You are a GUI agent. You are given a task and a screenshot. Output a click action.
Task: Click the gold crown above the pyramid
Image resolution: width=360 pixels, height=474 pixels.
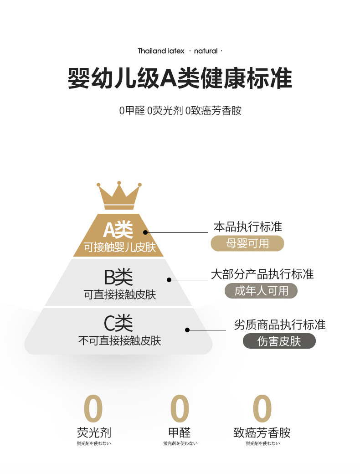coord(118,196)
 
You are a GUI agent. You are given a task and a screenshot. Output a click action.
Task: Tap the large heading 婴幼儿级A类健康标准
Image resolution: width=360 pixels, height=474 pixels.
coord(180,78)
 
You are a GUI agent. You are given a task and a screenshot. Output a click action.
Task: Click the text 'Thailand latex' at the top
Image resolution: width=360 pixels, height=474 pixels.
coord(161,51)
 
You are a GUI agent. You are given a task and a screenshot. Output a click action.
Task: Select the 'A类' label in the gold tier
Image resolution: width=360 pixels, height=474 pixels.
coord(118,230)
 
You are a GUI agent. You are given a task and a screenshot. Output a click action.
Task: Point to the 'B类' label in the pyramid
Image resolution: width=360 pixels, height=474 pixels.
coord(118,277)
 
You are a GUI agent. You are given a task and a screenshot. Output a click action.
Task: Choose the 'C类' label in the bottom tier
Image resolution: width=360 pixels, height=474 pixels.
coord(118,323)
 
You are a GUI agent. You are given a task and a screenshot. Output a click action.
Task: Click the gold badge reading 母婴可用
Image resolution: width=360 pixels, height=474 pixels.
coord(247,243)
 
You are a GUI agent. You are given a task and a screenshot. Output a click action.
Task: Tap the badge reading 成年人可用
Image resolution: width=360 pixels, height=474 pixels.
coord(261,291)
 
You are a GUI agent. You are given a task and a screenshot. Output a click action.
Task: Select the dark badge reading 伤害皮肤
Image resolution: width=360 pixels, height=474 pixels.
coord(279,341)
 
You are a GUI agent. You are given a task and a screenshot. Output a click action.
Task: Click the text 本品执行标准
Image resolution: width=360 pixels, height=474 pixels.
coord(248,227)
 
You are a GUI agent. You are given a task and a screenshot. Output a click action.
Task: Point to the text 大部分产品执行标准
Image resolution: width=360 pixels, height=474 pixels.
coord(262,274)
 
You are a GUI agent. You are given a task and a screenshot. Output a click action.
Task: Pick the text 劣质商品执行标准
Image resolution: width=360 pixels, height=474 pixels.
coord(280,325)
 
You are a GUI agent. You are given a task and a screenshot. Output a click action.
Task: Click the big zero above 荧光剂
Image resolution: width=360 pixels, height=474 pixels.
coord(93,408)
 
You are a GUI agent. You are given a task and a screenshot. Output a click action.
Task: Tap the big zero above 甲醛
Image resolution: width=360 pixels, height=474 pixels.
coord(180,408)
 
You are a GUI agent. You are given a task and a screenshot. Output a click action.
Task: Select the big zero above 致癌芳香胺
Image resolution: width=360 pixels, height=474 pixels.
coord(262,408)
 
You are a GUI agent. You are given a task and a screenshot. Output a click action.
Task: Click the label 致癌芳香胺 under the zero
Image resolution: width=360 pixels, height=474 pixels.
coord(262,433)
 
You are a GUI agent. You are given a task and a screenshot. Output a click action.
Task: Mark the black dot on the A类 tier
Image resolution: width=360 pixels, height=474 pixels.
coord(145,232)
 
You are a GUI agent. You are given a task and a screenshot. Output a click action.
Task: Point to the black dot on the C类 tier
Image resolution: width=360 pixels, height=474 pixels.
coord(187,330)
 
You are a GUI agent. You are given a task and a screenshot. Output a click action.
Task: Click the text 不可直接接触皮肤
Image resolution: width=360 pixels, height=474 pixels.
coord(119,340)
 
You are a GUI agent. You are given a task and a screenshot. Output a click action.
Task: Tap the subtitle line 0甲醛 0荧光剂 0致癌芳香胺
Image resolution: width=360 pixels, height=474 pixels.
coord(180,111)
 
